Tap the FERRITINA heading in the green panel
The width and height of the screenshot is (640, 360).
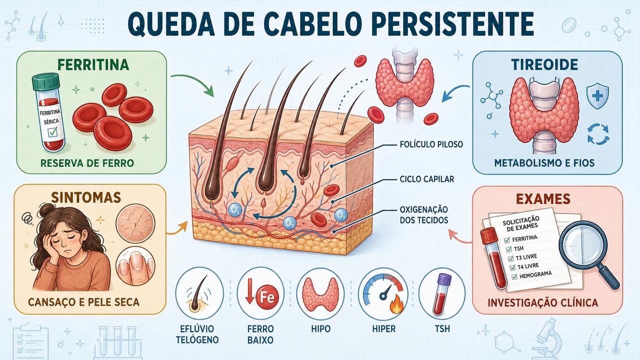coord(93,65)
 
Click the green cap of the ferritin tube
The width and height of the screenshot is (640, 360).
coord(45,81)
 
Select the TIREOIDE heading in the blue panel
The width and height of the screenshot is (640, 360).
coord(547,65)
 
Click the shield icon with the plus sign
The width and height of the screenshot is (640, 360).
coord(597,96)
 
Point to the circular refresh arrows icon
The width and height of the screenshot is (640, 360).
coord(598,134)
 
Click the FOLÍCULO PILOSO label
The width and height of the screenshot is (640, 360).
coord(431,144)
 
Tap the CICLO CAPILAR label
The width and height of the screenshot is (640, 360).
coord(427,179)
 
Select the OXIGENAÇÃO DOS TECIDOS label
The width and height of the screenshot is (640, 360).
coord(423,215)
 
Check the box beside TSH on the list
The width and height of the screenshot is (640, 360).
coord(508,249)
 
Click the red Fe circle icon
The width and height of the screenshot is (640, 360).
coord(267,297)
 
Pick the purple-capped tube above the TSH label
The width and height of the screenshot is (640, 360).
coord(441,294)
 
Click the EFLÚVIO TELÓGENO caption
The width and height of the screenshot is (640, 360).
coord(197,334)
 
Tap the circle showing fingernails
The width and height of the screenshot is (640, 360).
coord(135,266)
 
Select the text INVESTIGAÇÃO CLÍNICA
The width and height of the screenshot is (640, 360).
coord(543,303)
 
